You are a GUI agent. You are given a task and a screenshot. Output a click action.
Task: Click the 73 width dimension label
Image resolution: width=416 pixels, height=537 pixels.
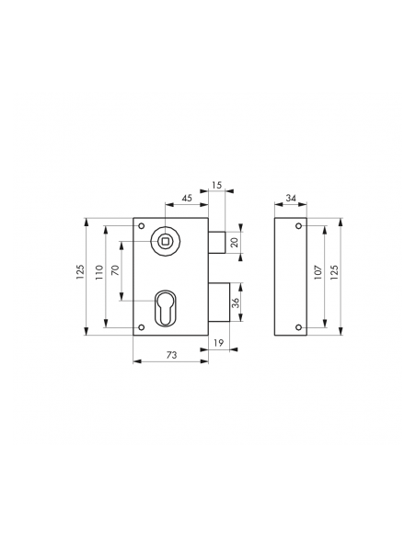172,355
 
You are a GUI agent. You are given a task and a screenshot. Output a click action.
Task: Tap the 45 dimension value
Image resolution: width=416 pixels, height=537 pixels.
187,199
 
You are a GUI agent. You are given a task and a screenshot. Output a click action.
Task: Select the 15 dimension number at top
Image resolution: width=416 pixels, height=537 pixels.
217,185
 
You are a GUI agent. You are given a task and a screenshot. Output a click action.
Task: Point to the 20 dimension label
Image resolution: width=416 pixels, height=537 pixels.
235,243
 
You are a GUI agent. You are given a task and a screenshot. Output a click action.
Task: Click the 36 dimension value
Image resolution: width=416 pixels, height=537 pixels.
236,303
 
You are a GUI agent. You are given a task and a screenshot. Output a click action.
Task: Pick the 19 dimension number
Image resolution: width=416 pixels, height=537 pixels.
219,342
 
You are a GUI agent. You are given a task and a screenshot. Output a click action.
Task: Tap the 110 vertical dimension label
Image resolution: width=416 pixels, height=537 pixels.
99,272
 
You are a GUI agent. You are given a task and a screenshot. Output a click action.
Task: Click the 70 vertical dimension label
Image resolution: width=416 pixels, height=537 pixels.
115,270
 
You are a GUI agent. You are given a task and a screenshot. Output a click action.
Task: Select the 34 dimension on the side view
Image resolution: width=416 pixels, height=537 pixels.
291,198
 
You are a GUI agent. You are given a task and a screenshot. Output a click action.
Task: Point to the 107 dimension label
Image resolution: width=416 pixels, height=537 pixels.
318,272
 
